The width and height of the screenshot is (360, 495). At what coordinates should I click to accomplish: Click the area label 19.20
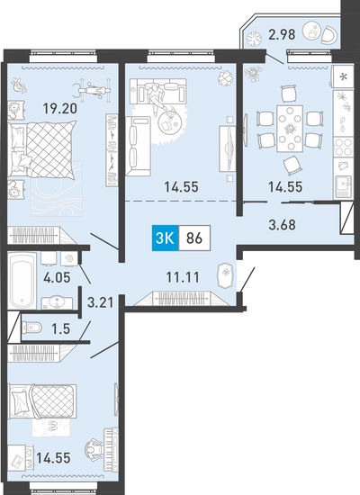coord(60,109)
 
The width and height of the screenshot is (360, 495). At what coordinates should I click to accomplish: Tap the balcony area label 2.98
coord(282,34)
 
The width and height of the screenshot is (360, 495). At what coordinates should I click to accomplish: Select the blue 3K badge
coord(166,238)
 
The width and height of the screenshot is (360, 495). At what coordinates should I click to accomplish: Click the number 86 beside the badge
coord(194,238)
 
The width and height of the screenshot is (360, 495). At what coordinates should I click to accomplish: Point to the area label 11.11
coord(183,277)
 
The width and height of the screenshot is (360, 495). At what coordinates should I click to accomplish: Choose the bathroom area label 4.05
coord(57,278)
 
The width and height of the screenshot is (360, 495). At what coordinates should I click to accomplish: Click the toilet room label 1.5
coord(60,328)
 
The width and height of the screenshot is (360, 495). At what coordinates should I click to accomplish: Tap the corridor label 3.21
coord(100,302)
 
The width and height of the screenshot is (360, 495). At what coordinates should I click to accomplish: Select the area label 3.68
coord(282,225)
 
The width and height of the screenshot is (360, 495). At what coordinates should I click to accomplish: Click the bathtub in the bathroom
coord(22,281)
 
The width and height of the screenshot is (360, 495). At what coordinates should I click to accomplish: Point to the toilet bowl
coord(31,328)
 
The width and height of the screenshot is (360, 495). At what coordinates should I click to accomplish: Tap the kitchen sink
coord(343,185)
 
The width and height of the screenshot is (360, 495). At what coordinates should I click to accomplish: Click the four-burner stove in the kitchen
coord(343,147)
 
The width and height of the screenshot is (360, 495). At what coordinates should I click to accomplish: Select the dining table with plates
coord(290,129)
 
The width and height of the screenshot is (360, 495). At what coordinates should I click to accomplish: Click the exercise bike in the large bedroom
coord(92,89)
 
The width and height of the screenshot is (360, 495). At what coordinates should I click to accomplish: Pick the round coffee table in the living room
coord(168,122)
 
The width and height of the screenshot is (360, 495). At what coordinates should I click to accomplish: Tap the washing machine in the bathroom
coord(69,259)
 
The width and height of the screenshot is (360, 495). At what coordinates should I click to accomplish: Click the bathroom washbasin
coord(57,302)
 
